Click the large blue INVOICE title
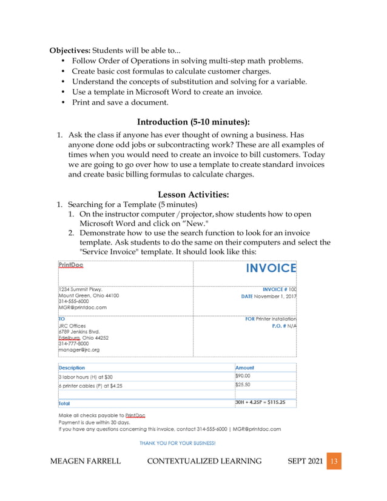click(x=271, y=269)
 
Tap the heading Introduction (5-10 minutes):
click(x=193, y=122)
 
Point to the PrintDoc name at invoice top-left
click(x=71, y=264)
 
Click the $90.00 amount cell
click(x=243, y=376)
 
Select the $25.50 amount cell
click(x=243, y=385)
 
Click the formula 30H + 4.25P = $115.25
click(x=260, y=402)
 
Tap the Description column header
click(x=72, y=368)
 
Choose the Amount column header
click(x=244, y=368)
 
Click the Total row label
click(x=64, y=403)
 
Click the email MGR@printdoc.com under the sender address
click(x=82, y=308)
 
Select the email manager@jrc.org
click(x=79, y=350)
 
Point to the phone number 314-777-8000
click(x=73, y=343)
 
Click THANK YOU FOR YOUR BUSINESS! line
click(x=177, y=443)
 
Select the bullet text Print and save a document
click(x=112, y=103)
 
